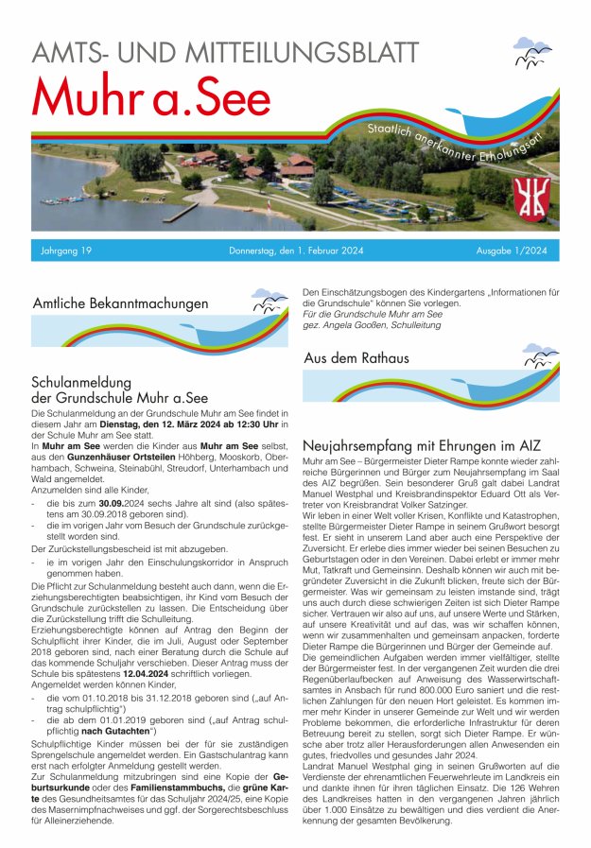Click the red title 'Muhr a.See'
151,96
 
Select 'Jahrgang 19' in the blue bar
66,251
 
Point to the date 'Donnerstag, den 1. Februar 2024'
296,251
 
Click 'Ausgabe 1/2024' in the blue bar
512,251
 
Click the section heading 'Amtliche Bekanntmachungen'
120,304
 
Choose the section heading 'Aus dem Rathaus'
356,358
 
